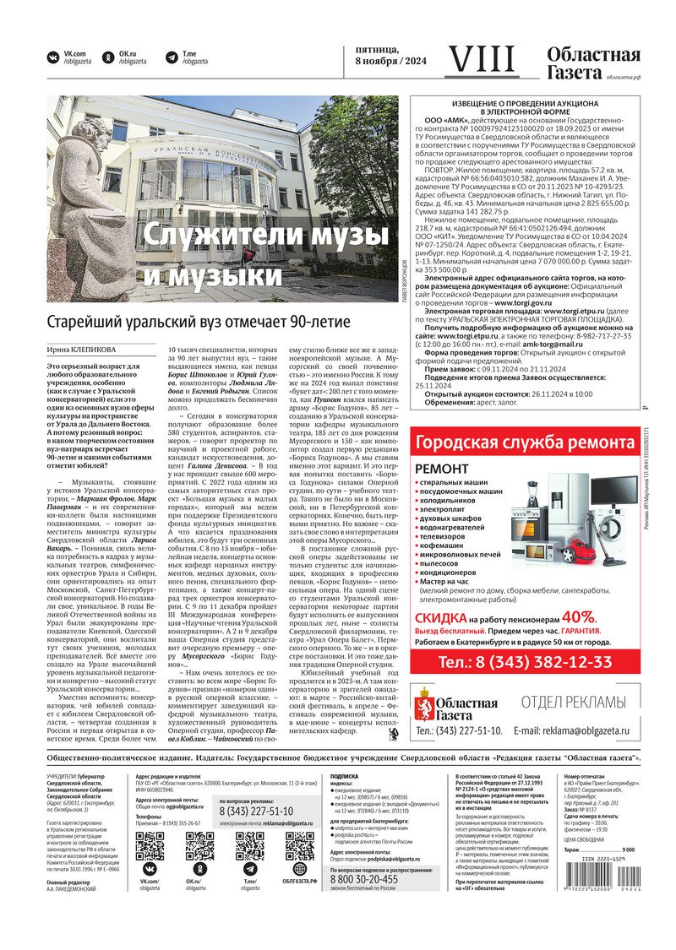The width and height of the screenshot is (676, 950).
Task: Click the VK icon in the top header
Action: pos(54,57)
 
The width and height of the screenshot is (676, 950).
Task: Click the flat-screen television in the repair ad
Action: pos(614,491)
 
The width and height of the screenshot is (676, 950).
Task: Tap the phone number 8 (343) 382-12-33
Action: pos(528,661)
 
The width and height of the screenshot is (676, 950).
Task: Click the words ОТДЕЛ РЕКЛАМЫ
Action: pos(574,702)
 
